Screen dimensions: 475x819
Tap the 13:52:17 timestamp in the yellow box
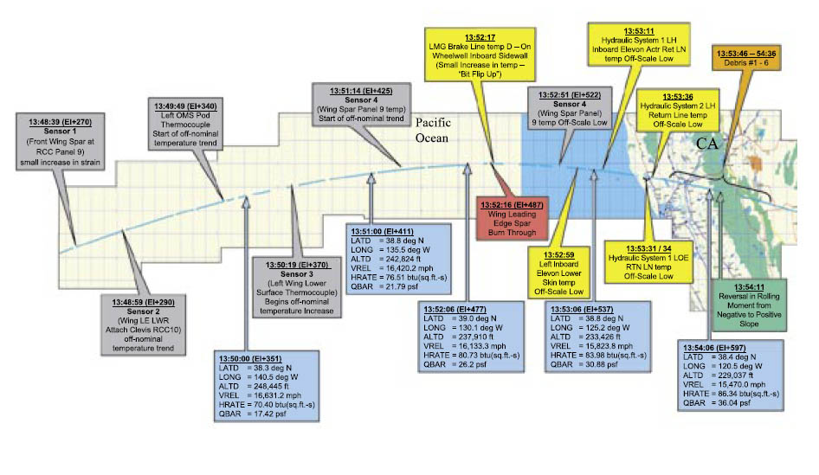[x=479, y=38]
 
